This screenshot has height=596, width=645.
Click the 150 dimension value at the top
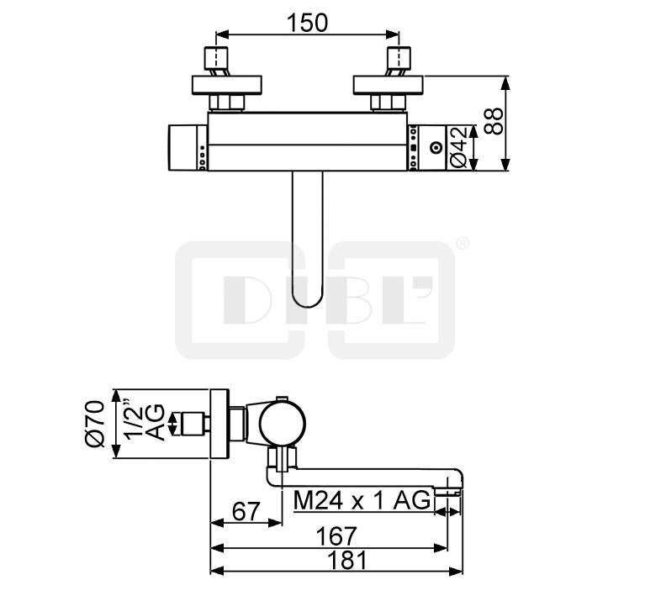coord(307,23)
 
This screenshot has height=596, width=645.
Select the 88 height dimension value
coord(494,120)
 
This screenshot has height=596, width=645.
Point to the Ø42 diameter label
coord(458,147)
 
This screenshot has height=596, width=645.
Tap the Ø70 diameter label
coord(95,424)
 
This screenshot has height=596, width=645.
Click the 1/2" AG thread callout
coord(145,422)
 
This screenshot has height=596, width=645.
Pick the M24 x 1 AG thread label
coord(362,500)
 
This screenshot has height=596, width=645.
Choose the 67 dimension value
coord(246,512)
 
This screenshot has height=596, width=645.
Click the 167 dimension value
coord(336,536)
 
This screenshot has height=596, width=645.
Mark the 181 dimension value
coord(346,561)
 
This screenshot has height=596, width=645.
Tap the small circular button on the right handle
coord(436,147)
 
